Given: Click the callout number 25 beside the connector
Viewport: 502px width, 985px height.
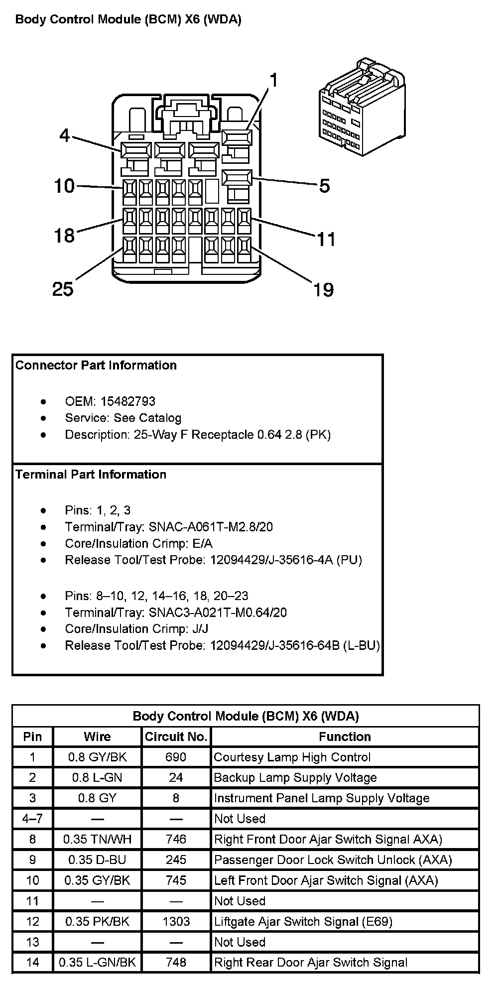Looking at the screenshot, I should (63, 289).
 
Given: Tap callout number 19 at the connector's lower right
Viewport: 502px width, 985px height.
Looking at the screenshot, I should (323, 289).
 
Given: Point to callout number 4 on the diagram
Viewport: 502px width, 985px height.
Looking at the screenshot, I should (65, 135).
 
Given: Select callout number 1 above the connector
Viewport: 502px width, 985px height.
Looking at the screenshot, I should (273, 81).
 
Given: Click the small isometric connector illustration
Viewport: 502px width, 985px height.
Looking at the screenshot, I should (362, 107).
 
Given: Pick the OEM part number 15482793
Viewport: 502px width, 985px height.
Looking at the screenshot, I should (127, 401).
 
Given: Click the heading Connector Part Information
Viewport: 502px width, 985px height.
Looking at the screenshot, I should (96, 366).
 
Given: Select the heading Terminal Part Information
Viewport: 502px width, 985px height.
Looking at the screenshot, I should (91, 475).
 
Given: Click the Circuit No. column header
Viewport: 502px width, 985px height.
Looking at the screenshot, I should (176, 737).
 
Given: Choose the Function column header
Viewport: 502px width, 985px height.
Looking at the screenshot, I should (345, 737).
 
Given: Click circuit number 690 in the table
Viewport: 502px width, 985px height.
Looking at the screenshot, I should (176, 757).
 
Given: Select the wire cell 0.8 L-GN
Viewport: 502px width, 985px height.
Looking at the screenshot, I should (97, 778).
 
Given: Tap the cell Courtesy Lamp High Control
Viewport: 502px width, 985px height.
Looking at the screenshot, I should (292, 757).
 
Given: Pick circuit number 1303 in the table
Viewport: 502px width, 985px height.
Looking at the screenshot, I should (176, 922).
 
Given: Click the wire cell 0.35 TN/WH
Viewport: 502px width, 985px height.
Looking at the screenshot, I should (97, 840).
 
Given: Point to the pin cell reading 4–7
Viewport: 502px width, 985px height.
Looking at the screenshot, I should (32, 819).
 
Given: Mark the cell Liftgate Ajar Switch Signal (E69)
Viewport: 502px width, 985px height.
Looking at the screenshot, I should (303, 922).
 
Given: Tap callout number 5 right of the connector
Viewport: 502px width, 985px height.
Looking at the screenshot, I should (324, 186).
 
